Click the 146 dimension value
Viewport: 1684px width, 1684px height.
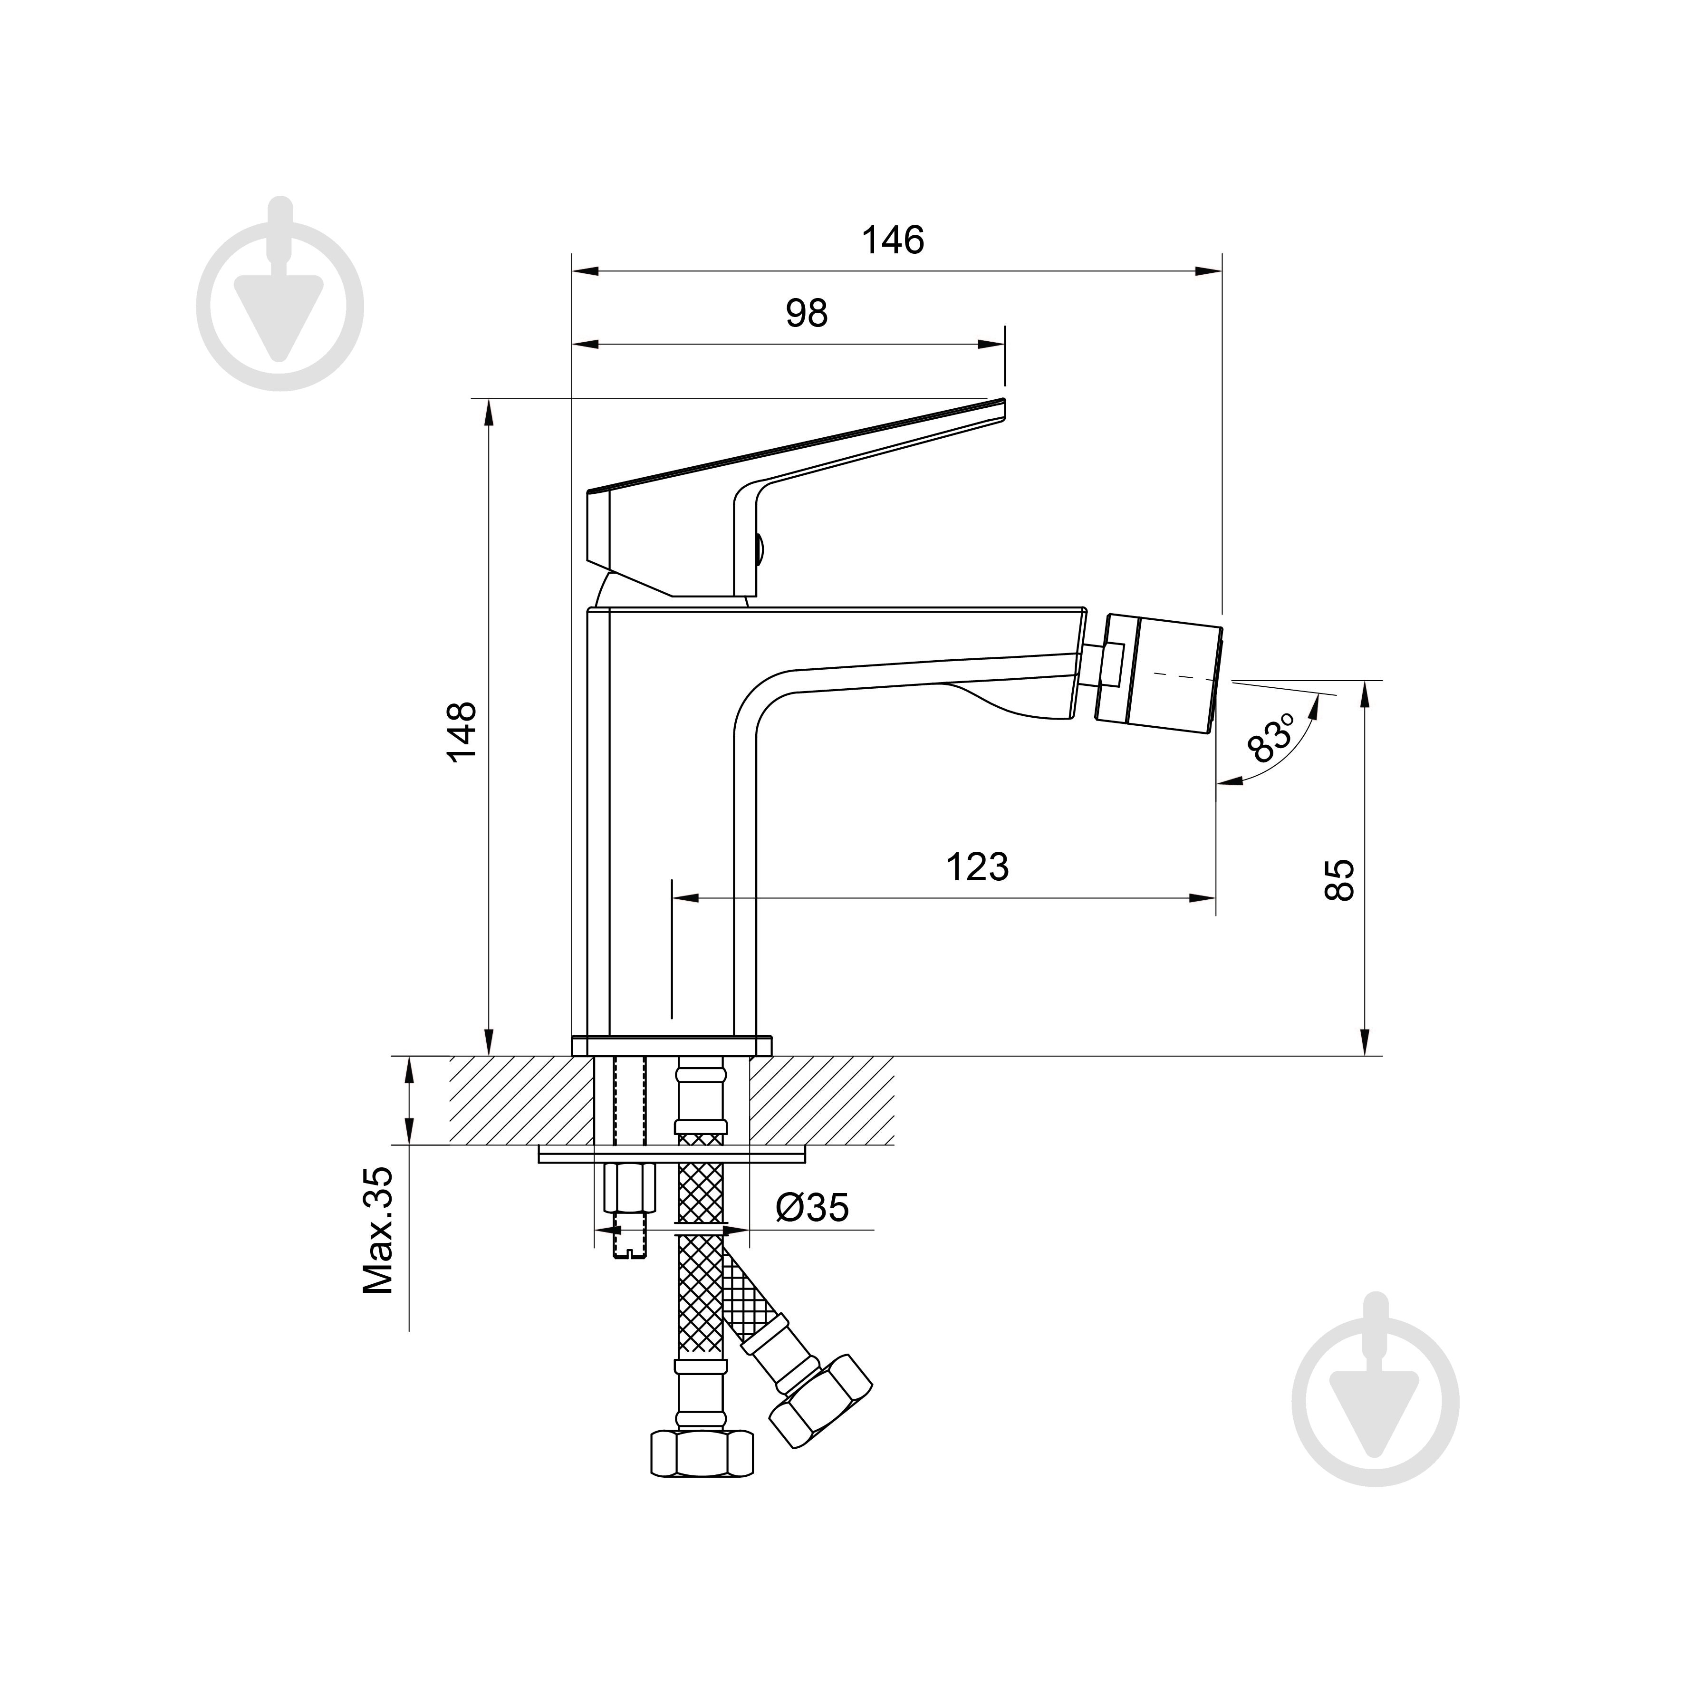click(x=893, y=240)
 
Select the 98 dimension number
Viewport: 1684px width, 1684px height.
click(x=806, y=313)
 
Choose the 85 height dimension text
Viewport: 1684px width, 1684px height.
click(x=1340, y=879)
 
